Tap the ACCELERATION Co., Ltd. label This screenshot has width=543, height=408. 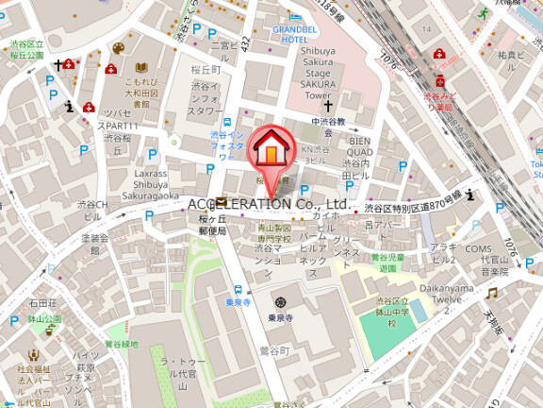coord(269,203)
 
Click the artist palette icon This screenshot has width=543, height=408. coord(118,48)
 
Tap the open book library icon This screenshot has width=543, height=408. coord(140,68)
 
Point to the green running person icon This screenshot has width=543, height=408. coord(484,13)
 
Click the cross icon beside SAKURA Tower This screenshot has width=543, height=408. coord(329,108)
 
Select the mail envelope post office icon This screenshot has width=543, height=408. coord(221,202)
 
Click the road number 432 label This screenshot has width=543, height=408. coord(245,43)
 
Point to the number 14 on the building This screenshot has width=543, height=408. coord(427,29)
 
